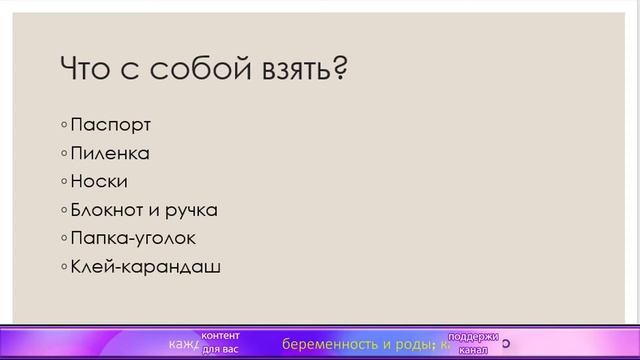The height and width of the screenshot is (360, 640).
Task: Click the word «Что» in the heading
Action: [87, 71]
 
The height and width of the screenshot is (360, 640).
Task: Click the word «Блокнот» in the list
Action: [109, 211]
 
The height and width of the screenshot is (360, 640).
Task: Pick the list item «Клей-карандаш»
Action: [145, 268]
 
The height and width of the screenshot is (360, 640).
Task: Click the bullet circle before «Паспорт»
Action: [64, 126]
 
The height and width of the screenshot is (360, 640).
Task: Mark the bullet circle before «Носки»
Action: [64, 182]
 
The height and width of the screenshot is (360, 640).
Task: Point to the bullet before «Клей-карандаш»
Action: [64, 268]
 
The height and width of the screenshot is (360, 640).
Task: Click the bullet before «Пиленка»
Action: [64, 154]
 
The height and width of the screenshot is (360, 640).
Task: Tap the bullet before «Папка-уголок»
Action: [64, 239]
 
